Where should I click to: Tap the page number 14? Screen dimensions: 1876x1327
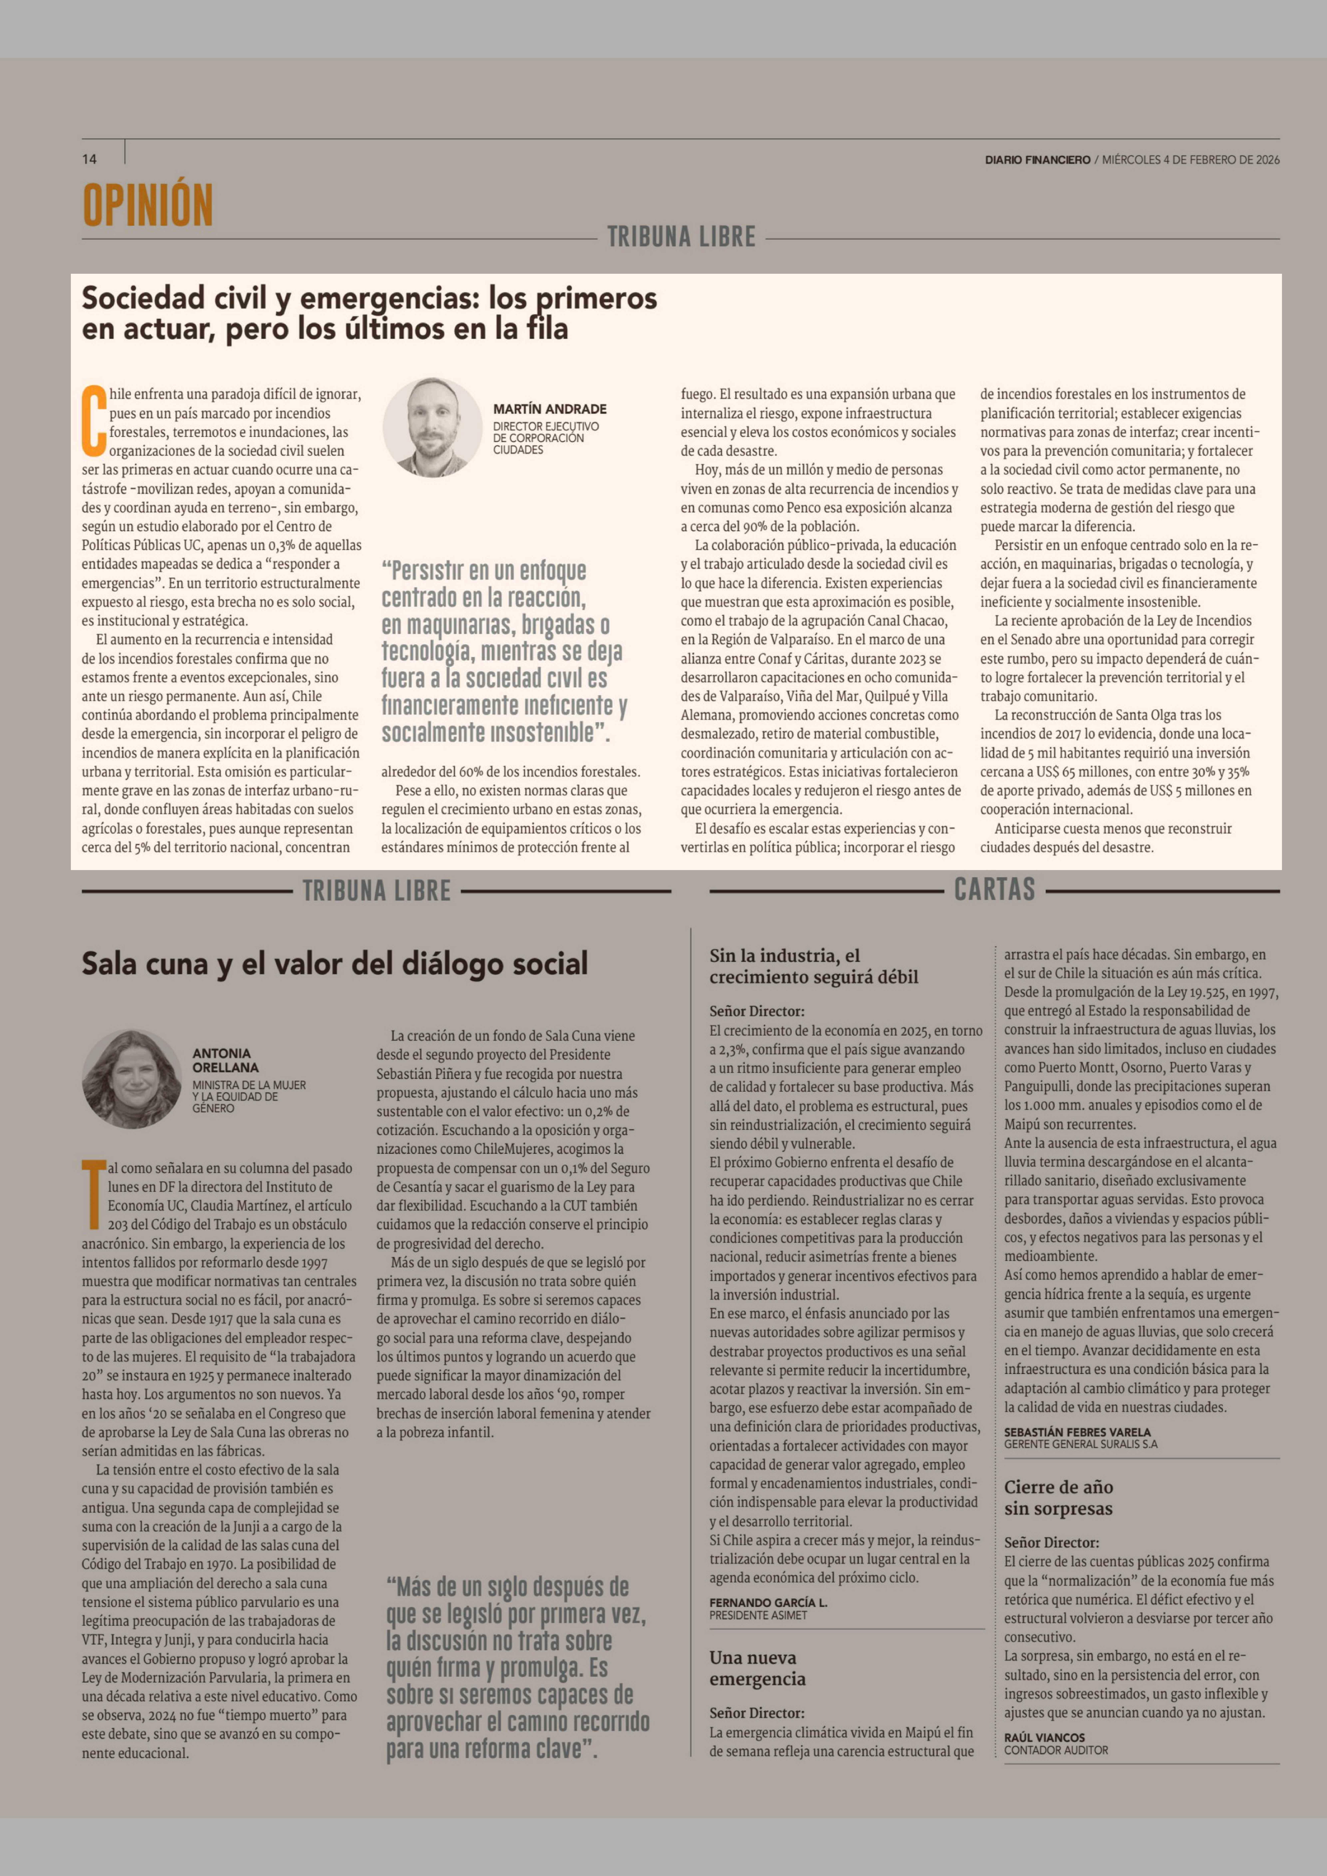point(89,159)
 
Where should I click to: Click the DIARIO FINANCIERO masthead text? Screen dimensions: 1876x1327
point(1037,160)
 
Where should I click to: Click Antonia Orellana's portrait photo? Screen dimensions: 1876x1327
point(131,1079)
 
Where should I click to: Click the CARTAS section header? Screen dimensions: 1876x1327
point(994,890)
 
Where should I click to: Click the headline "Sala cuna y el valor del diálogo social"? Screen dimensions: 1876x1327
point(334,964)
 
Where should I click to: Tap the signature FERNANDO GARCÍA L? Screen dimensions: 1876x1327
point(768,1603)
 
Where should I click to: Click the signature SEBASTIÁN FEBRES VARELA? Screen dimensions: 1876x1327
point(1077,1432)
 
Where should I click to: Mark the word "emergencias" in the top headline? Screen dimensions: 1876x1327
point(386,299)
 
